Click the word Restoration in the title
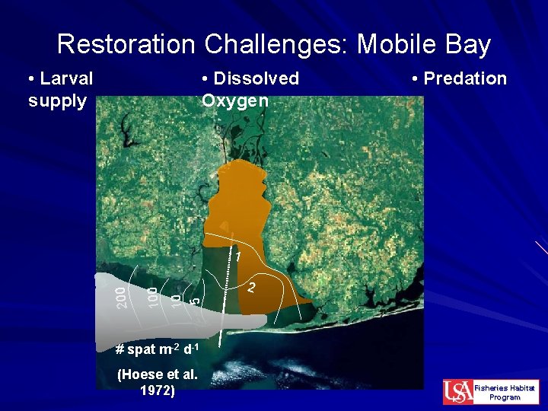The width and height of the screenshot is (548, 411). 126,44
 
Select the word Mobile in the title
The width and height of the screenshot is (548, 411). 393,44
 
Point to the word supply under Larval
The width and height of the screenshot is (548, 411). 57,100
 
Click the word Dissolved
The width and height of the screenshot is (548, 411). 256,78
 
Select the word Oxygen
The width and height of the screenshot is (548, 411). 235,100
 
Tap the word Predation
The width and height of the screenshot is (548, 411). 464,78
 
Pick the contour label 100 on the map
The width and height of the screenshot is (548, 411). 152,296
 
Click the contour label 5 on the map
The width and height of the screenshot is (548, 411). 195,301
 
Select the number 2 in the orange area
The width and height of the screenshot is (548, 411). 251,288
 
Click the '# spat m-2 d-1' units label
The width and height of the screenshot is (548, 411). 157,350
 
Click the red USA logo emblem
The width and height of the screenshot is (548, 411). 457,392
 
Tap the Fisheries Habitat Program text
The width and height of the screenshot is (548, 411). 505,392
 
